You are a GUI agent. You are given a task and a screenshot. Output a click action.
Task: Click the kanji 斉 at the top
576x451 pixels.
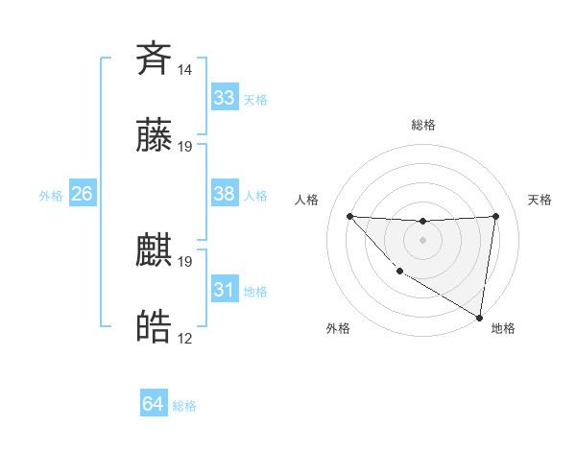(155, 59)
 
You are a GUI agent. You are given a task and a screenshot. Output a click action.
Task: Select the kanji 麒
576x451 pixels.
(155, 250)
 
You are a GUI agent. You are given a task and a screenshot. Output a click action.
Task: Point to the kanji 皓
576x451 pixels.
(155, 327)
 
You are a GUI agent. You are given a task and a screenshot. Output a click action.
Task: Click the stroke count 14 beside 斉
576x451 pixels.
(185, 70)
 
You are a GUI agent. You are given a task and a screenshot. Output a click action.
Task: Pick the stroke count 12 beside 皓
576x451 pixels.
(185, 339)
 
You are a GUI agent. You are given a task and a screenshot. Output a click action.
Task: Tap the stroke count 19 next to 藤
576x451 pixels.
(185, 147)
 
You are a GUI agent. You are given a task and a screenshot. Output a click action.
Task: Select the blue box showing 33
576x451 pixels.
(224, 98)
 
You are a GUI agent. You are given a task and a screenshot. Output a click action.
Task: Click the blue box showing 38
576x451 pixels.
(224, 194)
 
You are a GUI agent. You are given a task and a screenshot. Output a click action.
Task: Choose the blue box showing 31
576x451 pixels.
(224, 290)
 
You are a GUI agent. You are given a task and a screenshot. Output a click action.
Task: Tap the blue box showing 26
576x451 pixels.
(82, 194)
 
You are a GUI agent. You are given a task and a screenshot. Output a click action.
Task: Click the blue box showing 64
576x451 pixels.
(153, 405)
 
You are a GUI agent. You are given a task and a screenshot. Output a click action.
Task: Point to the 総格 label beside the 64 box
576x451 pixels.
(184, 406)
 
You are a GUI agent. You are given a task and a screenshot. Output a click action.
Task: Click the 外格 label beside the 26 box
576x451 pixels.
(51, 196)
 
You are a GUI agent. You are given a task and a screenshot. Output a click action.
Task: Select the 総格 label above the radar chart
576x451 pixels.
(423, 125)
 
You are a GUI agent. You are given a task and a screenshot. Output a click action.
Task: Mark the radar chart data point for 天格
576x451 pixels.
(495, 216)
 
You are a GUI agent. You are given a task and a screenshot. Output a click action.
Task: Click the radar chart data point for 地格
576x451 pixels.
(479, 318)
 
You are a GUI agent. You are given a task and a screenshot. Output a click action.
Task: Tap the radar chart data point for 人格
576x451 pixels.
(349, 216)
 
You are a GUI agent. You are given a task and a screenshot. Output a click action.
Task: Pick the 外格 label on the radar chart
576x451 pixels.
(338, 328)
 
